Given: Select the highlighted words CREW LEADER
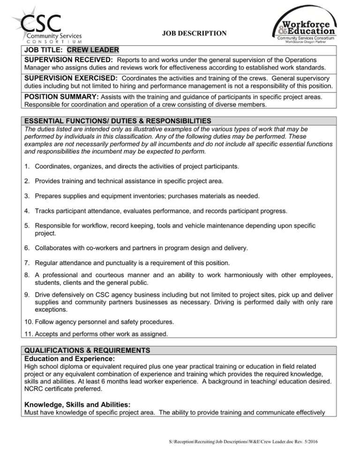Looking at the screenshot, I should coord(93,50).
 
